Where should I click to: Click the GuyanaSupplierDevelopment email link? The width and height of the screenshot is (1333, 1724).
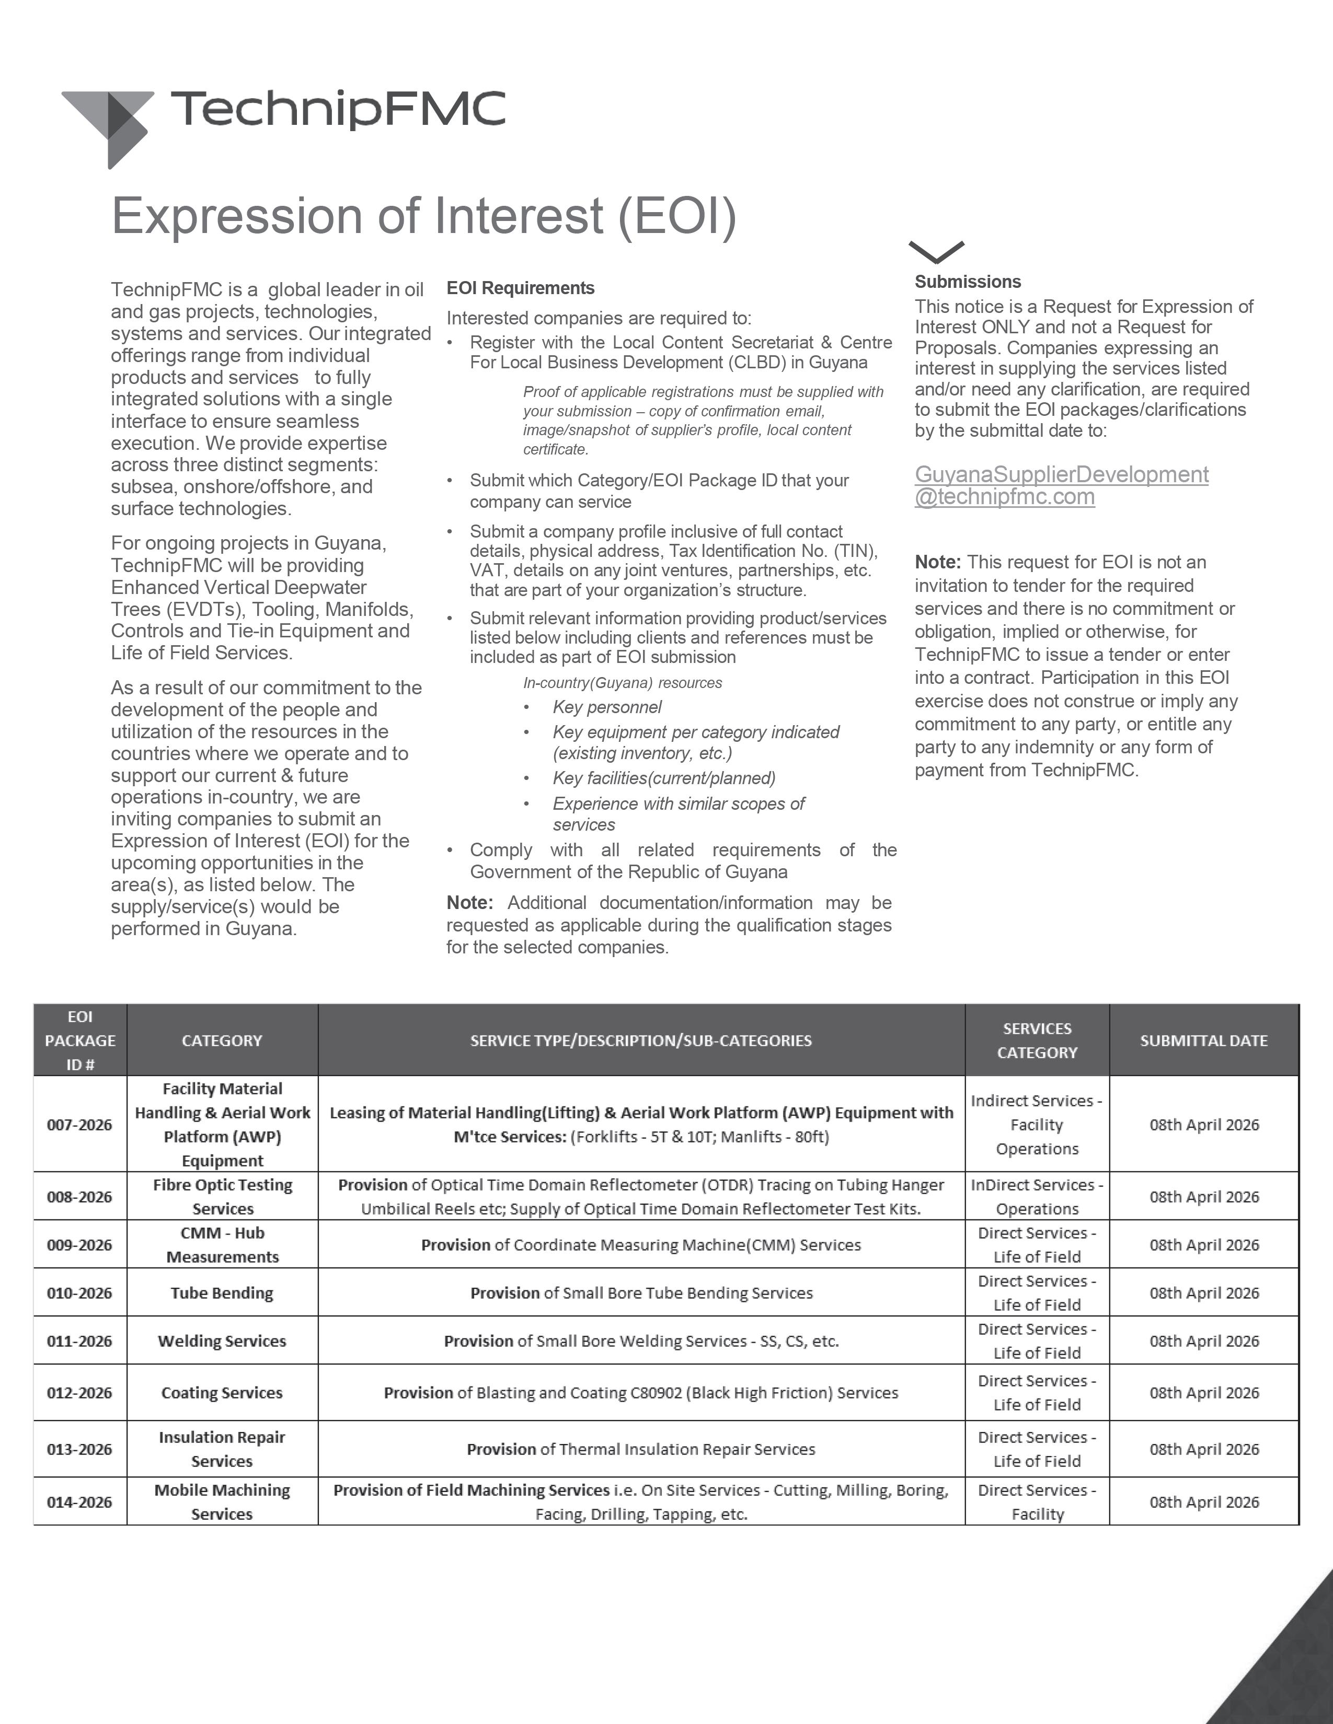point(1061,485)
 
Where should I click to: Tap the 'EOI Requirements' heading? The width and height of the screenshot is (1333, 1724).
point(521,288)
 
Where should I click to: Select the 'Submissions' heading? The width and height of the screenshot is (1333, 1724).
point(968,282)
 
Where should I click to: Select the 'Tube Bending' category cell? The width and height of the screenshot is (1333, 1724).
point(222,1293)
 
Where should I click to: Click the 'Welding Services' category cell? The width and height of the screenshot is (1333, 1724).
point(222,1341)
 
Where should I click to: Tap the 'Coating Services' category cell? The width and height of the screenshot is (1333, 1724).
point(222,1392)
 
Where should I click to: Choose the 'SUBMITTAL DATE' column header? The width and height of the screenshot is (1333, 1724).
point(1203,1040)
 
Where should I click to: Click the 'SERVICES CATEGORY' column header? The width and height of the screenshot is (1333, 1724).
point(1037,1040)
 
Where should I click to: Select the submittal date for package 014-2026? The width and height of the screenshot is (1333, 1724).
point(1203,1501)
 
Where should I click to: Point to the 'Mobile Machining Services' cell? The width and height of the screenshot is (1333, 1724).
point(222,1501)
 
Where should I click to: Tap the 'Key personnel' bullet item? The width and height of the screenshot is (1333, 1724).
point(606,707)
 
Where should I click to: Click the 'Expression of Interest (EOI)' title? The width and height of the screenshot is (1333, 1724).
point(424,215)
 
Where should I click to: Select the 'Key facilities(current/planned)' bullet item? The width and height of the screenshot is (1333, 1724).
point(663,778)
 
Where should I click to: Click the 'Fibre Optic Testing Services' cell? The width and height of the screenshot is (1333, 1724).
point(222,1197)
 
